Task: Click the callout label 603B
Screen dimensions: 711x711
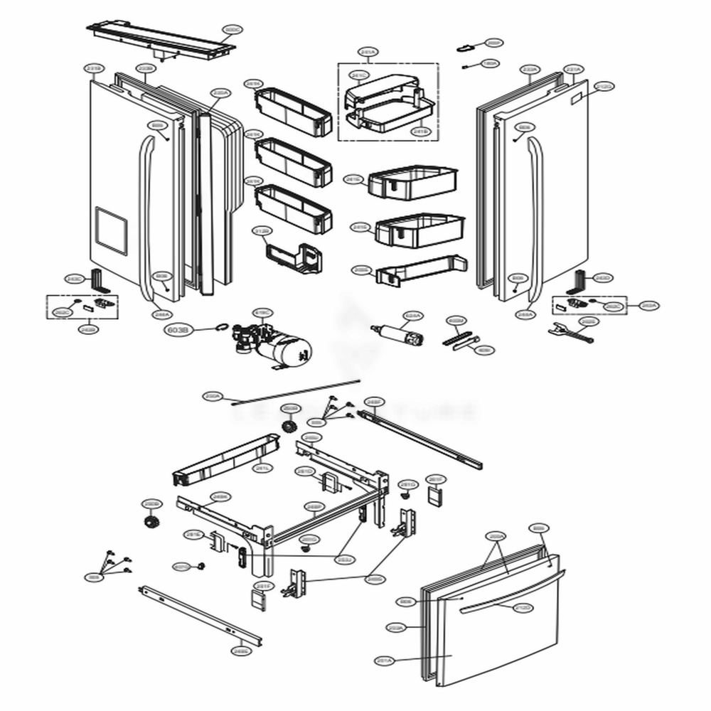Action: click(x=177, y=329)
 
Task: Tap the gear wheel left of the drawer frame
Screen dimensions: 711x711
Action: click(x=151, y=524)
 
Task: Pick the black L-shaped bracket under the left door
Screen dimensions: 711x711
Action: click(x=100, y=282)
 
